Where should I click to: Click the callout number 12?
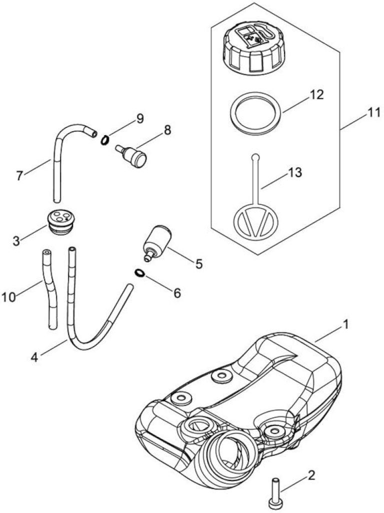(x=316, y=95)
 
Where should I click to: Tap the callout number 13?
(x=294, y=173)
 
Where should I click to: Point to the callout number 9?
(x=140, y=118)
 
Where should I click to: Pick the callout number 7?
(x=19, y=176)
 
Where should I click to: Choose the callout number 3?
(x=16, y=241)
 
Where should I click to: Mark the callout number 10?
(x=9, y=298)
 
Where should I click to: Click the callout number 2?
(x=311, y=475)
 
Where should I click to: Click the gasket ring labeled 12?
(x=255, y=112)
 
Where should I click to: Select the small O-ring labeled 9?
(x=104, y=141)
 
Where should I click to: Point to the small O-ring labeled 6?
(x=139, y=273)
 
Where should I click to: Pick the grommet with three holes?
(x=59, y=221)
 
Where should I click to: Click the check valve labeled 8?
(x=131, y=155)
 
